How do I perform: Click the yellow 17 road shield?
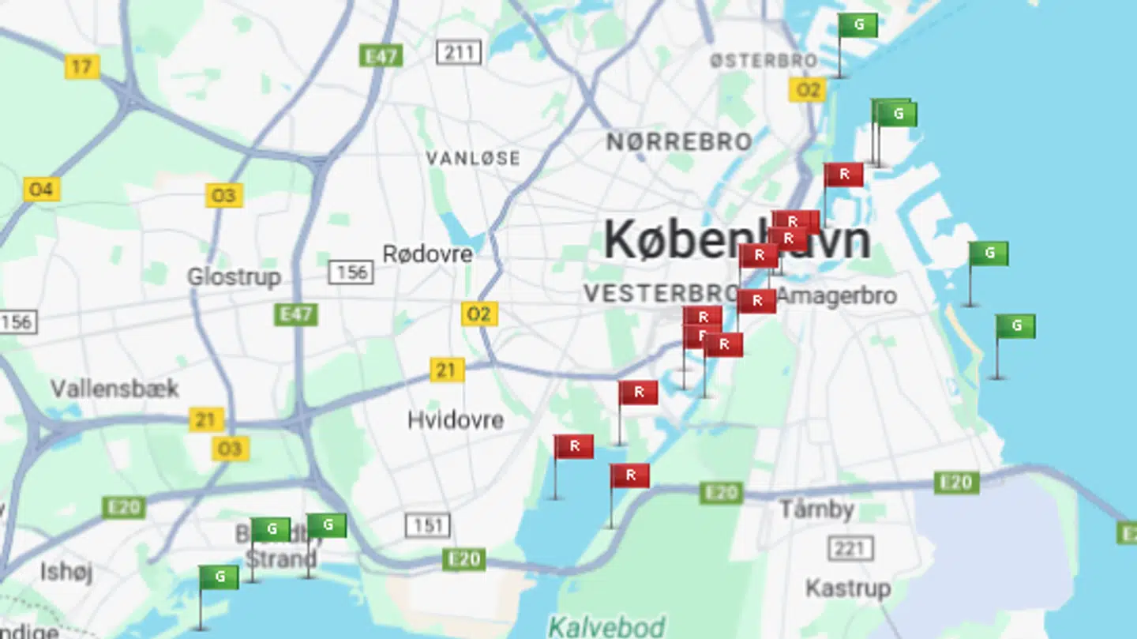pos(82,66)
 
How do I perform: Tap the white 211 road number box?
pos(459,53)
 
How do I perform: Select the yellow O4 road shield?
pos(41,190)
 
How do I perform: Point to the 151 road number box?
pos(428,525)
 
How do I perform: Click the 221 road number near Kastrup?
pos(850,547)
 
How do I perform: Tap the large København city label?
pos(736,240)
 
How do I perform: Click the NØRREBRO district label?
pos(679,142)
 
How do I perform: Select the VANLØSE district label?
pos(473,158)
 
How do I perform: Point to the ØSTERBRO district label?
pos(763,61)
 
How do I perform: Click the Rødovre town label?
pos(427,254)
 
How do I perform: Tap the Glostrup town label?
pos(234,277)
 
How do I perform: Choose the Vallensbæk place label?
pos(114,389)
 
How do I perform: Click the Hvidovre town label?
pos(456,419)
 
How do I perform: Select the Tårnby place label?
pos(816,509)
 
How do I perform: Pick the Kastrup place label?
pos(848,588)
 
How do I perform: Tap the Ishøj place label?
pos(66,571)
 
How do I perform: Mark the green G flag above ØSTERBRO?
pos(857,25)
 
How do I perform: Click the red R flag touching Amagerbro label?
pos(756,301)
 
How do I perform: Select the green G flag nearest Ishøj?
pos(219,577)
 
